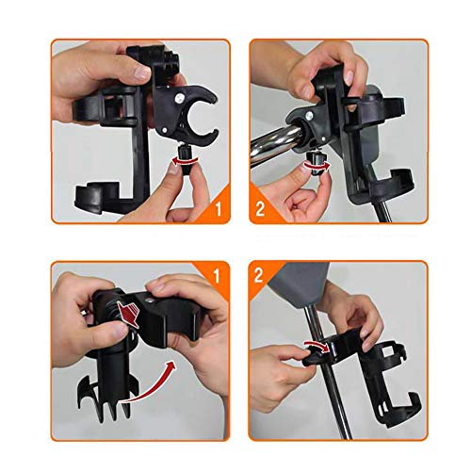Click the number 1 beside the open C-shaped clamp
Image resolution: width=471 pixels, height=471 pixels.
click(219, 208)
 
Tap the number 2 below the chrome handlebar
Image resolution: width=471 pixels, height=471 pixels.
click(260, 209)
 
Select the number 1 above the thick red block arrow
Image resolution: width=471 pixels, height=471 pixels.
click(217, 275)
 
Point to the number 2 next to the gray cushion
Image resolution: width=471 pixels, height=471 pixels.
click(258, 275)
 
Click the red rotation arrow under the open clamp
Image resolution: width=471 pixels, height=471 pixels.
click(186, 161)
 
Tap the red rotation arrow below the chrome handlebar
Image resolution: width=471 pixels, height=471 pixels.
click(317, 167)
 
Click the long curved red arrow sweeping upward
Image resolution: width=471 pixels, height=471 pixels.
click(148, 384)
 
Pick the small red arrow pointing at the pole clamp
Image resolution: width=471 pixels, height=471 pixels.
click(317, 345)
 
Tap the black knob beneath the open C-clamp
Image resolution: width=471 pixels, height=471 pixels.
click(185, 160)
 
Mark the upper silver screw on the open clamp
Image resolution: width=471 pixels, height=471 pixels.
click(180, 99)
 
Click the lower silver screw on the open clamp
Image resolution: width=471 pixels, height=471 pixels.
click(163, 130)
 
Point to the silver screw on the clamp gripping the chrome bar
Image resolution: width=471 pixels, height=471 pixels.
click(309, 115)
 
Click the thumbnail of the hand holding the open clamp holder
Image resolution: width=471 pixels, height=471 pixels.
click(140, 131)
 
